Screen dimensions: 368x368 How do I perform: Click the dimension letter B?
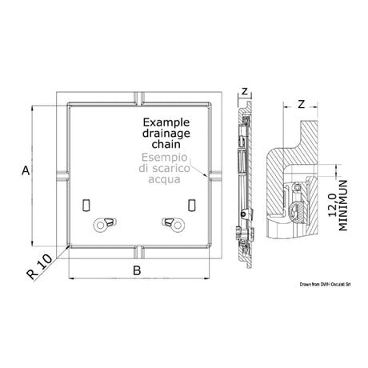click(136, 271)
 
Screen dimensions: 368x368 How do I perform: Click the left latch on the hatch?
click(102, 224)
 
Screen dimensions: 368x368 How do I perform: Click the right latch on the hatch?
click(170, 224)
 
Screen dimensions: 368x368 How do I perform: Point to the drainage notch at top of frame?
click(137, 98)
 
